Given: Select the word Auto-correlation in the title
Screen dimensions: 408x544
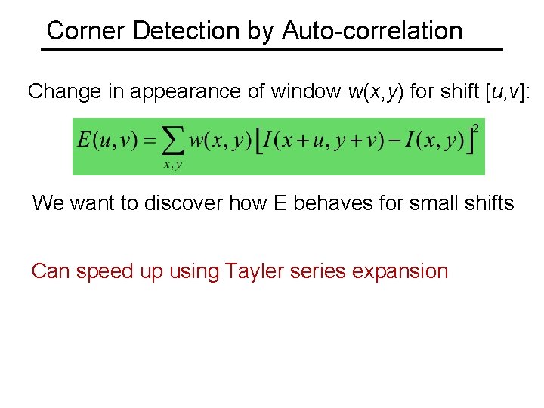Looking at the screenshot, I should click(x=372, y=31).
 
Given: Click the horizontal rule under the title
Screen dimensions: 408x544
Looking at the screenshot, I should click(x=271, y=50).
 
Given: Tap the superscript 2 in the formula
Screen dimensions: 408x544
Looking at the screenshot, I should click(x=476, y=130).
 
